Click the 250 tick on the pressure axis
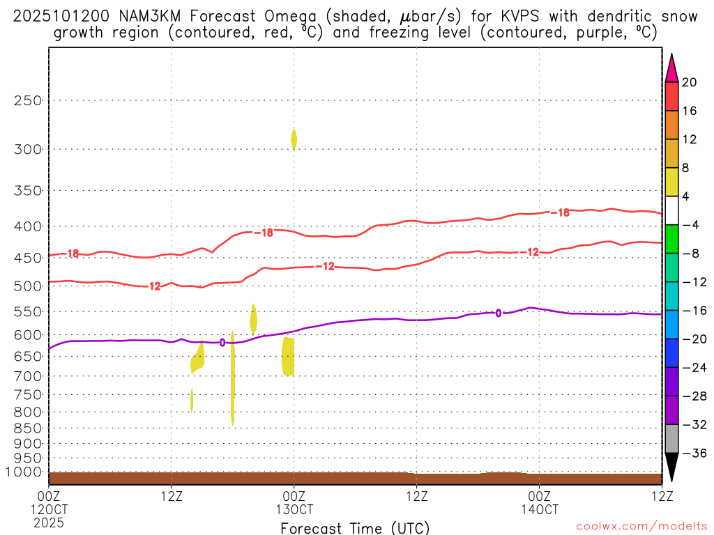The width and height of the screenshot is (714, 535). pyautogui.click(x=29, y=100)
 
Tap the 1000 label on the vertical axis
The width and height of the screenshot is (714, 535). pyautogui.click(x=26, y=472)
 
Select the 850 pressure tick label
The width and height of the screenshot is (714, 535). pyautogui.click(x=29, y=428)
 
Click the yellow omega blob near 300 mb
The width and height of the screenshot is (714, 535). pyautogui.click(x=294, y=139)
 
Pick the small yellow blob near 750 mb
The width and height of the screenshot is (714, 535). pyautogui.click(x=192, y=400)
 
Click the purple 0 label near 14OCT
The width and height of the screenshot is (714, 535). pyautogui.click(x=498, y=313)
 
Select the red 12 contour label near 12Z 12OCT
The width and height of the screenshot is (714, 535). pyautogui.click(x=154, y=286)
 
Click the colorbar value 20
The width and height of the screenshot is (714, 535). pyautogui.click(x=690, y=82)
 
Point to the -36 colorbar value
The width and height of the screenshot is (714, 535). pyautogui.click(x=690, y=453)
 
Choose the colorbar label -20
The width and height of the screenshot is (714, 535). pyautogui.click(x=690, y=339)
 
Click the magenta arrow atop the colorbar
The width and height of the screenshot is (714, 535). pyautogui.click(x=671, y=68)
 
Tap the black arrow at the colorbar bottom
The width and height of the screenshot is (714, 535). pyautogui.click(x=671, y=467)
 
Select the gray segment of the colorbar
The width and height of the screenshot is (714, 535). pyautogui.click(x=671, y=438)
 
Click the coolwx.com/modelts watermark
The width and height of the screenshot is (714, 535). pyautogui.click(x=633, y=527)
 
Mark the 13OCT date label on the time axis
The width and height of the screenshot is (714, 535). pyautogui.click(x=294, y=509)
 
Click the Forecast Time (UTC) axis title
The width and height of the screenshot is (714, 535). pyautogui.click(x=355, y=527)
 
